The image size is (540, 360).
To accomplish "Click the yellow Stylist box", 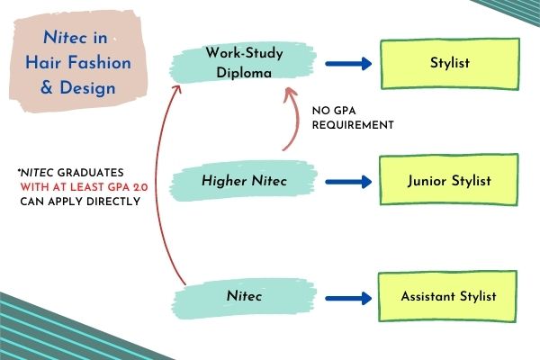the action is click(450, 64).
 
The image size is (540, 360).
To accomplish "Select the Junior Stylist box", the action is click(449, 180).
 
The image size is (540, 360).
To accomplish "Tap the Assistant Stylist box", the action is click(447, 296).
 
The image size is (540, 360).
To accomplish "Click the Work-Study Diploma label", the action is click(244, 62).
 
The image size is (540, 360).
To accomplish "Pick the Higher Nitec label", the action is click(244, 181).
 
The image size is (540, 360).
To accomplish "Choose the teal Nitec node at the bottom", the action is click(244, 297).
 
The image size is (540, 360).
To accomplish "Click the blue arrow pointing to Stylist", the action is click(348, 64).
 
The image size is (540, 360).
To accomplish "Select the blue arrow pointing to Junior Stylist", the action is click(348, 182).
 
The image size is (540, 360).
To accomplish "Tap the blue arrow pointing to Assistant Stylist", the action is click(348, 298).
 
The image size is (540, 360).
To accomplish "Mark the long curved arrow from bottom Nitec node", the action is click(157, 183).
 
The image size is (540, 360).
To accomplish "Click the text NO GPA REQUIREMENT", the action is click(353, 118).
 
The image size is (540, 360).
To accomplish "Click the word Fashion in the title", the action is click(100, 63).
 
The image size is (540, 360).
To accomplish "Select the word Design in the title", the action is click(87, 88).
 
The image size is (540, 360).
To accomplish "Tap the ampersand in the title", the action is click(47, 87).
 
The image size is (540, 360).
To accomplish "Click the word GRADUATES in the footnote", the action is click(90, 173).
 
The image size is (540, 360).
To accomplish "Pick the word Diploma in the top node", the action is click(244, 73).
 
